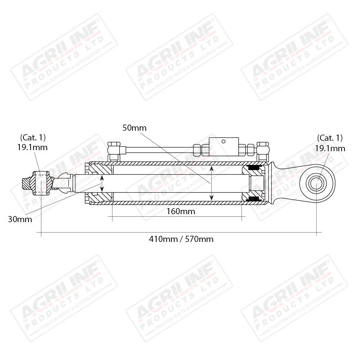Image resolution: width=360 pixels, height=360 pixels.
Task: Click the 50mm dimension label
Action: [x=135, y=128]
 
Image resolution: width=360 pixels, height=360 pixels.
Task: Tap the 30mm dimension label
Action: [x=20, y=219]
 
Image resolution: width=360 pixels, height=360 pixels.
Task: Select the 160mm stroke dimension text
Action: [x=181, y=211]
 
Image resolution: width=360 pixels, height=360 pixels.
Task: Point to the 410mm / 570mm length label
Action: [x=181, y=239]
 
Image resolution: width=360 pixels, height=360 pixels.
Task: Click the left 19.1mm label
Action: [x=32, y=147]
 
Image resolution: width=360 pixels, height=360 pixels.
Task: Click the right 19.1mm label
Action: [x=330, y=148]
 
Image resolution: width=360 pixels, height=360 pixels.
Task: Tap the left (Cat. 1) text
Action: [x=33, y=138]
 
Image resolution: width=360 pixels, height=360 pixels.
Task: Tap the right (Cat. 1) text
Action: [x=330, y=138]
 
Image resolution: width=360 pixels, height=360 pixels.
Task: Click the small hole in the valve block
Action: [x=224, y=141]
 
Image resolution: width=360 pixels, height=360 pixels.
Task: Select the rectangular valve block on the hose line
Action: [x=224, y=147]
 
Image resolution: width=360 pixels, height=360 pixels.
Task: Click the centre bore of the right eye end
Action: [x=316, y=184]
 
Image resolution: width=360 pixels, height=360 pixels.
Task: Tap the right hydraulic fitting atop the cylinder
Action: [x=263, y=152]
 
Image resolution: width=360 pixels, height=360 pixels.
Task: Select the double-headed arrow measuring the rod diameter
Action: [x=102, y=184]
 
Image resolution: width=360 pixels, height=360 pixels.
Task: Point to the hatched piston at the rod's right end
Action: [x=253, y=183]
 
